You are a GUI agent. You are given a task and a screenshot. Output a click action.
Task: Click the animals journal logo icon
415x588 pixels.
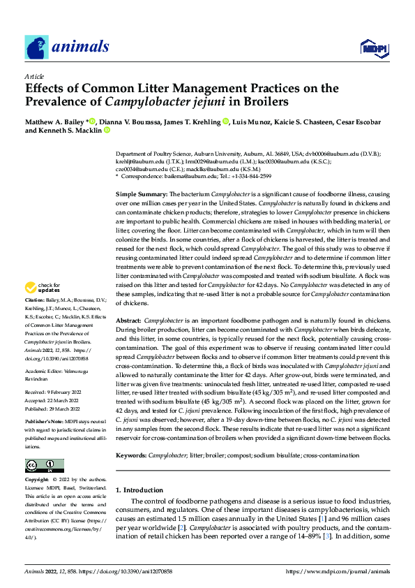tap(36, 47)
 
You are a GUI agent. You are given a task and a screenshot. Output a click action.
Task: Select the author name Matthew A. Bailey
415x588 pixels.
tap(56, 122)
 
